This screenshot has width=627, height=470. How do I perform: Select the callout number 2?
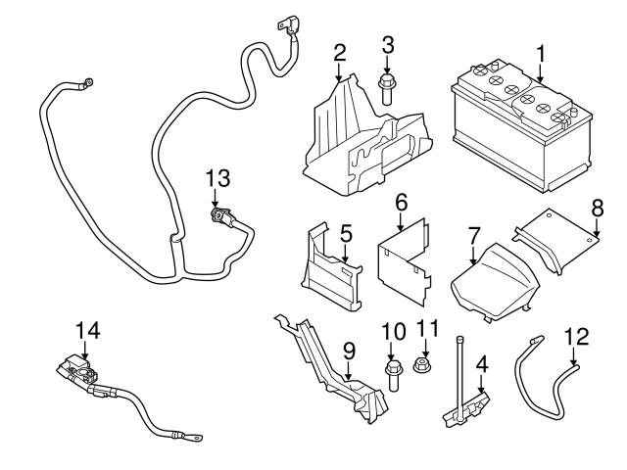[339, 51]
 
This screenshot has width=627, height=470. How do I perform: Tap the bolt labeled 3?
[387, 87]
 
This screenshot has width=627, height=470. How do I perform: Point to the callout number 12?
[577, 337]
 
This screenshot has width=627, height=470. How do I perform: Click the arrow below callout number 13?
[217, 198]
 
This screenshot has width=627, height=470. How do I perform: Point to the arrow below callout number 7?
[474, 258]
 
